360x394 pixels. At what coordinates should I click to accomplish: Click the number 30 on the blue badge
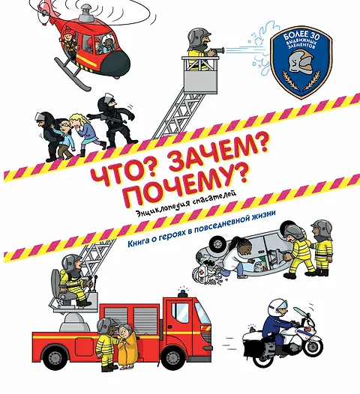[x=312, y=37]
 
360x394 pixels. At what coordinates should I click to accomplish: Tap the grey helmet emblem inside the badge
[x=301, y=62]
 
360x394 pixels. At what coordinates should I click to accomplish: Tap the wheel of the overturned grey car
[x=218, y=243]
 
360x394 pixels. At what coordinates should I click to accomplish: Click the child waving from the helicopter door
[x=69, y=40]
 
